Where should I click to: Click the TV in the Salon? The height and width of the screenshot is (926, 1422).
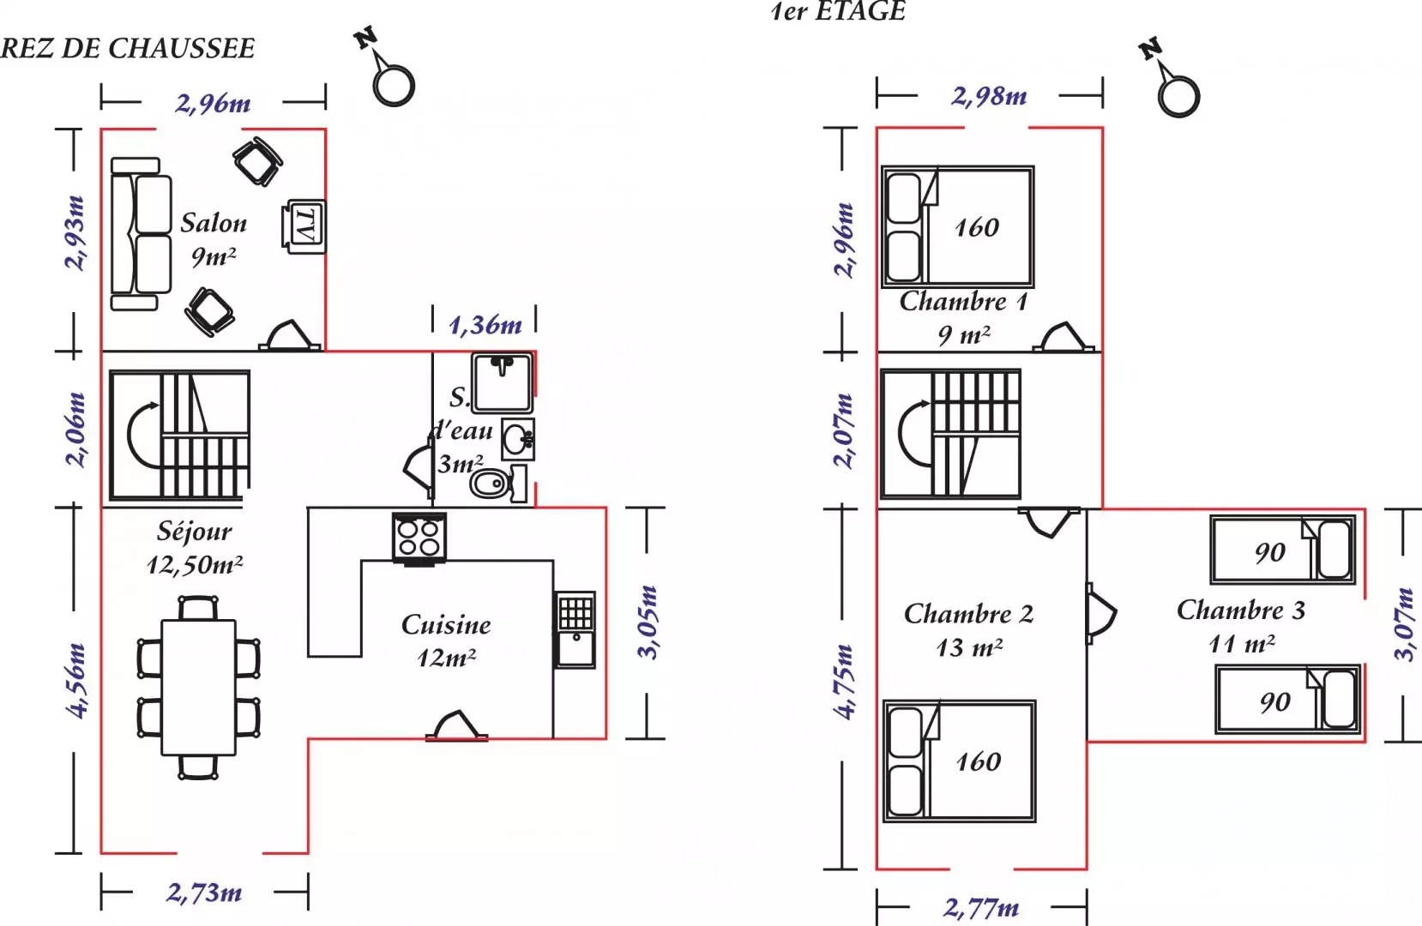pyautogui.click(x=304, y=226)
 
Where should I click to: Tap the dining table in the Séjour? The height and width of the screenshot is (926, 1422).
pyautogui.click(x=198, y=688)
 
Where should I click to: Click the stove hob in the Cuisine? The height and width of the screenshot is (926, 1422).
pyautogui.click(x=419, y=538)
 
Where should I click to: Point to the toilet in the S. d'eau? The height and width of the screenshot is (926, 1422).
pyautogui.click(x=498, y=484)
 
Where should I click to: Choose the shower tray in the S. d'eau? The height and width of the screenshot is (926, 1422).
pyautogui.click(x=502, y=383)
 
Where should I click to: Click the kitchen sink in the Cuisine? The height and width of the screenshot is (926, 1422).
pyautogui.click(x=575, y=629)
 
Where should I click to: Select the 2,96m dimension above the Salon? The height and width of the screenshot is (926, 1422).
pyautogui.click(x=214, y=104)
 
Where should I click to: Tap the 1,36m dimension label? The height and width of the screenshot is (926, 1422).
pyautogui.click(x=485, y=325)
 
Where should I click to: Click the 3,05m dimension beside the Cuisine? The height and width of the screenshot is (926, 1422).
pyautogui.click(x=648, y=622)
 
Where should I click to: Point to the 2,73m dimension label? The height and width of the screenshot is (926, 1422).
pyautogui.click(x=204, y=893)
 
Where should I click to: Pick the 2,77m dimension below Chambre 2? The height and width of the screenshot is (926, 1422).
pyautogui.click(x=981, y=907)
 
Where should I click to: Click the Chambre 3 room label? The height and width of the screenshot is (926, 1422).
pyautogui.click(x=1240, y=610)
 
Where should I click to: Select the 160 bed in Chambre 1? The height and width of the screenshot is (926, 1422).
pyautogui.click(x=958, y=226)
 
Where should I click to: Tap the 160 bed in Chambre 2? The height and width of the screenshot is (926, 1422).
pyautogui.click(x=960, y=761)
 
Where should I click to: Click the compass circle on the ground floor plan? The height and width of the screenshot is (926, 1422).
pyautogui.click(x=394, y=85)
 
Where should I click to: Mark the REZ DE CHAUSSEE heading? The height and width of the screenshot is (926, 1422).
pyautogui.click(x=127, y=48)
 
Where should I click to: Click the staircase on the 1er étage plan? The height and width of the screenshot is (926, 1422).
pyautogui.click(x=950, y=434)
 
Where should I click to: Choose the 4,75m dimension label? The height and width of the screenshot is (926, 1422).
pyautogui.click(x=845, y=682)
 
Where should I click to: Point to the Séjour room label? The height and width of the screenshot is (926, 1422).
pyautogui.click(x=195, y=532)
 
